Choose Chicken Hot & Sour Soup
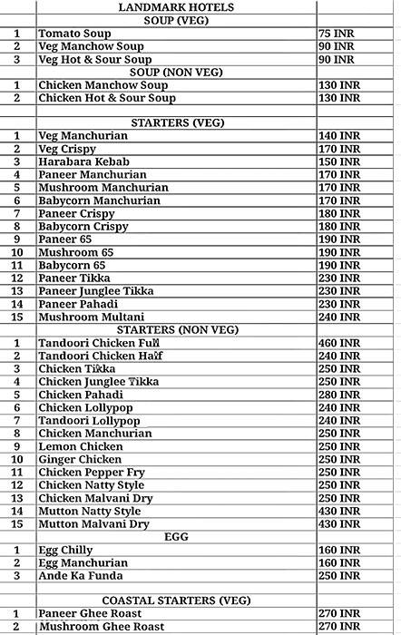point(107,97)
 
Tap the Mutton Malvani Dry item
point(94,524)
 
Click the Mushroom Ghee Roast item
point(102,626)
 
